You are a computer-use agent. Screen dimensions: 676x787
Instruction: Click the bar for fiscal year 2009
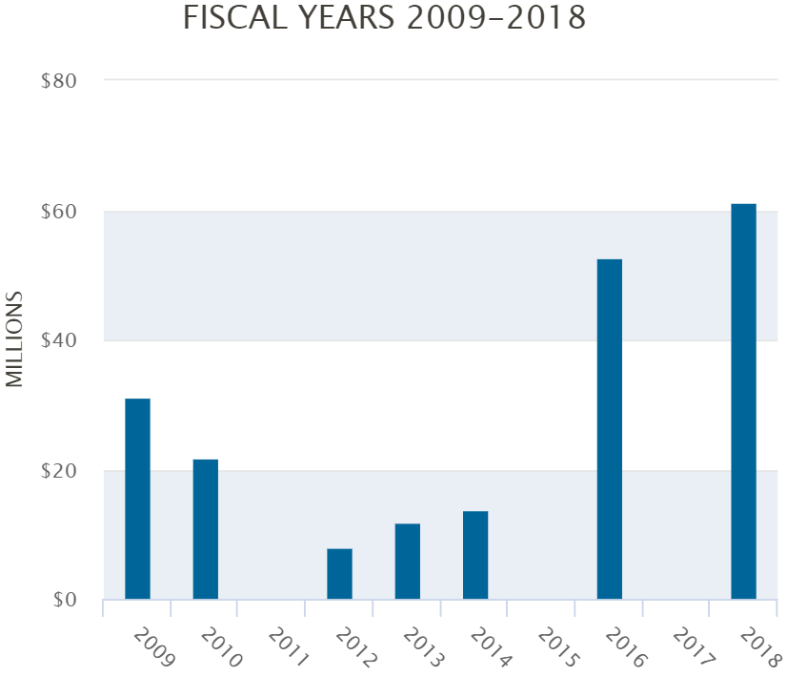pos(137,499)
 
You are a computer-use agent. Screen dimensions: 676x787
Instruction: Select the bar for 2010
pos(205,529)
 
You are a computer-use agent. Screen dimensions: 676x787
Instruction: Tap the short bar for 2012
pos(339,574)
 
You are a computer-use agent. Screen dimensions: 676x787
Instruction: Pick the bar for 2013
pos(407,562)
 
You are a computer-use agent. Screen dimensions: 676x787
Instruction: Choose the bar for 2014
pos(474,555)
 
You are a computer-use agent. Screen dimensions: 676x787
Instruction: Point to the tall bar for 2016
pos(609,429)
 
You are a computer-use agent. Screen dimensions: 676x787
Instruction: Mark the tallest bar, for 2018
pos(743,401)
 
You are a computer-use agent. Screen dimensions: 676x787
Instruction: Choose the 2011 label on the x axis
pos(284,646)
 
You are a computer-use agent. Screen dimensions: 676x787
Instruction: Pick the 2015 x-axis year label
pos(554,646)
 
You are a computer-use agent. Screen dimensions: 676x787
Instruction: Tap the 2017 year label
pos(689,646)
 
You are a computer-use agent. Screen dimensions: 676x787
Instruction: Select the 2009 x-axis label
pos(150,646)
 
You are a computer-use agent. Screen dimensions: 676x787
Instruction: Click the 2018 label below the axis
pos(757,646)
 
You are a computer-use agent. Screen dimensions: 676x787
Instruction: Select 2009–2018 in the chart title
pos(495,18)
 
